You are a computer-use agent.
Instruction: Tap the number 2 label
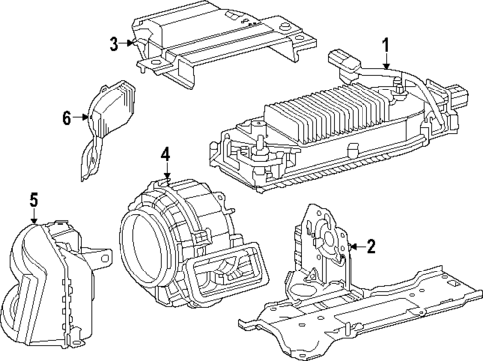[370, 246]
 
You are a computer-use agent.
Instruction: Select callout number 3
[115, 42]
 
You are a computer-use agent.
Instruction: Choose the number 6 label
[67, 118]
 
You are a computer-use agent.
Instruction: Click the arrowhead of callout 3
[132, 42]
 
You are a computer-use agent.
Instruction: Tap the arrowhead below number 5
[35, 225]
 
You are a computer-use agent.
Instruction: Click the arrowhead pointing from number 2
[350, 246]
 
